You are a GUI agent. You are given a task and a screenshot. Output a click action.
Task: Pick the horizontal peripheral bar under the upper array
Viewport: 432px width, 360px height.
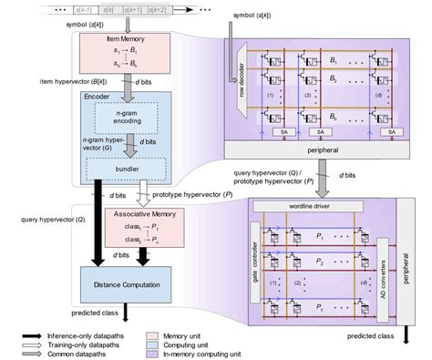point(319,147)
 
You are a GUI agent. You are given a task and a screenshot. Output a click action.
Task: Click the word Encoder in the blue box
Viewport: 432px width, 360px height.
point(98,96)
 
